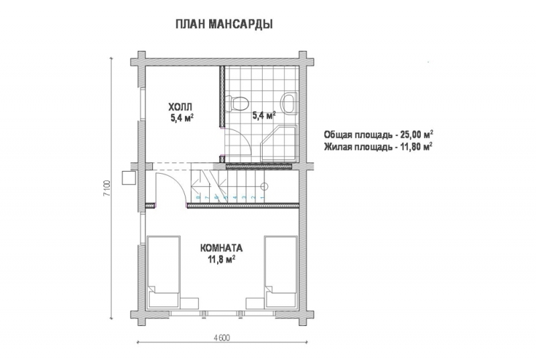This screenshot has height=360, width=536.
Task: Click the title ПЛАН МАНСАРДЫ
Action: [x=224, y=24]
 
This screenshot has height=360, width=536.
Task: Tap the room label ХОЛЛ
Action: [x=180, y=107]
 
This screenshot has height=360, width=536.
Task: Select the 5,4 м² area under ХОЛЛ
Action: [x=182, y=118]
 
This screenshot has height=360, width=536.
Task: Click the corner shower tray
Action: [x=279, y=143]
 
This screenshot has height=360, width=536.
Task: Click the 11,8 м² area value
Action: [x=222, y=258]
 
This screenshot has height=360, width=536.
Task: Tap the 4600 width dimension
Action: [x=222, y=337]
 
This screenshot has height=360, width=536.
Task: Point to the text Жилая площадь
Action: [x=355, y=145]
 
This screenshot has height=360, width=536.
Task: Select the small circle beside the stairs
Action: [x=264, y=186]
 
